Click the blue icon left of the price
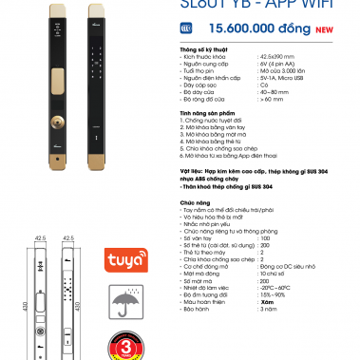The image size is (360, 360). click(186, 29)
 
